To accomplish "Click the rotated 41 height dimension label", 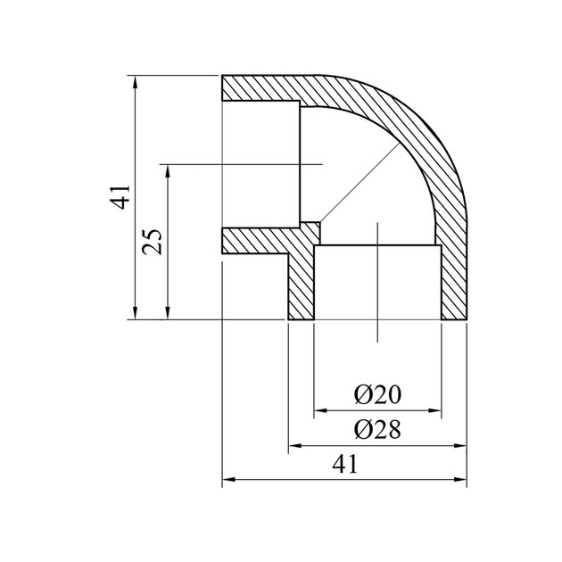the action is tap(120, 197).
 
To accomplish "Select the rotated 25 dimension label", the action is tap(152, 242).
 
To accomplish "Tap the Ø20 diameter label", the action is tap(377, 395).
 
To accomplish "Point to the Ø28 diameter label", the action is tap(377, 429).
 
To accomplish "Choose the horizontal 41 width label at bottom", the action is tap(345, 464).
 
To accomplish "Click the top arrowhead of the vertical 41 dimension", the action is tap(135, 82).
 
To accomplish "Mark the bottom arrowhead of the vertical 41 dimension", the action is tap(135, 313).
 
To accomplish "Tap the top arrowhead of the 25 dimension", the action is tap(168, 171).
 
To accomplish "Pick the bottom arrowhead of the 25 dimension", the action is tap(168, 313).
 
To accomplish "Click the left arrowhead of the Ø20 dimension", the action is tap(320, 410).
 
